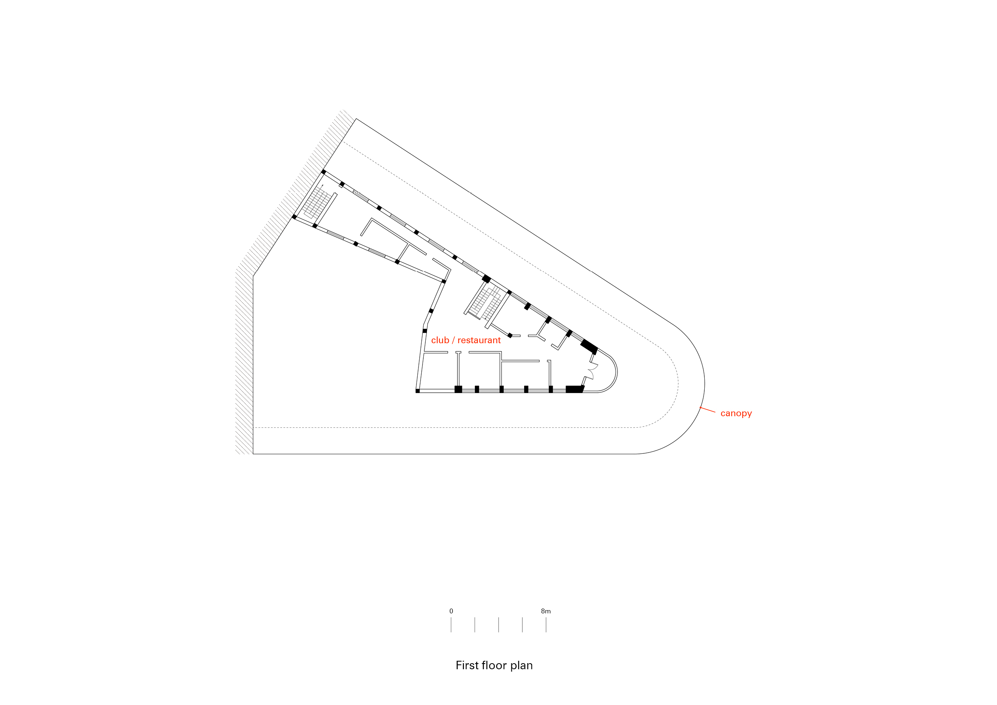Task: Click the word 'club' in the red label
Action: pyautogui.click(x=440, y=340)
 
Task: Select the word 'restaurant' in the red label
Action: pyautogui.click(x=479, y=340)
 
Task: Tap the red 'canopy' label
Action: pyautogui.click(x=736, y=414)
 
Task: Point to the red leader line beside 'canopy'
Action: pyautogui.click(x=708, y=409)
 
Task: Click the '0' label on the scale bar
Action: pyautogui.click(x=451, y=611)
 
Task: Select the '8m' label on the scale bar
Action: pyautogui.click(x=546, y=611)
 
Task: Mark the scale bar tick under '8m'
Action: pyautogui.click(x=546, y=625)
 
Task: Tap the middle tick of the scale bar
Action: pyautogui.click(x=498, y=625)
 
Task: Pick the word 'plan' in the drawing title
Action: pyautogui.click(x=521, y=666)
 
